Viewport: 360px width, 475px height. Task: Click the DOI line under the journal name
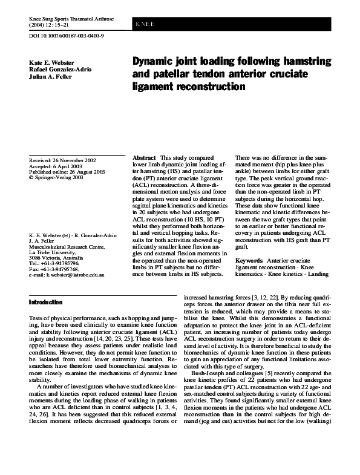67,36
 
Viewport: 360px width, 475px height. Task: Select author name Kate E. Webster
52,62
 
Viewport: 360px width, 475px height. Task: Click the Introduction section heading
46,301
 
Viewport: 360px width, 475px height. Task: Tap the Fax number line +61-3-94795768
54,269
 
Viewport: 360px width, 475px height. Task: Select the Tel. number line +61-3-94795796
54,264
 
